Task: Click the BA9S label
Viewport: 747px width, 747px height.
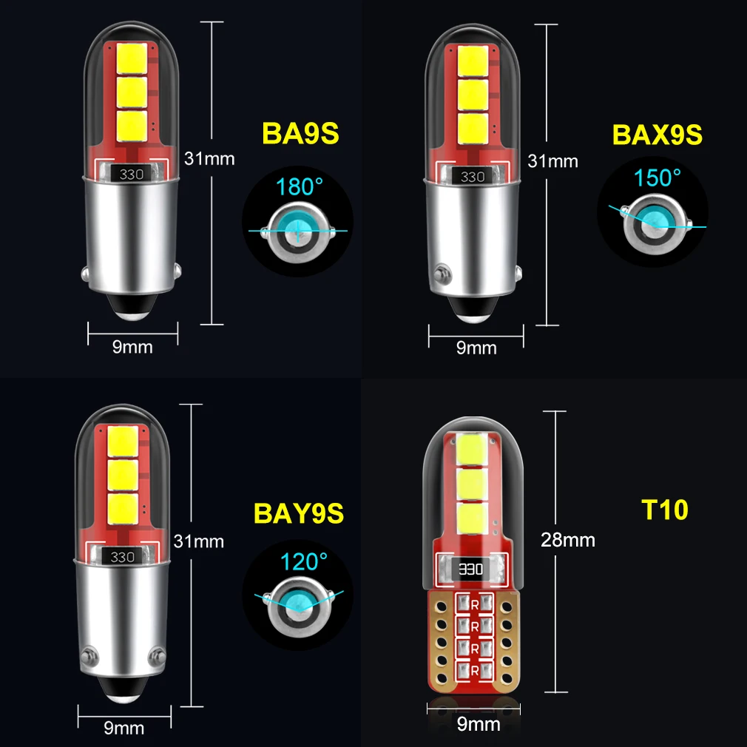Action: (300, 133)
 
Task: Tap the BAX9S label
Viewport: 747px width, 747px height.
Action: (657, 135)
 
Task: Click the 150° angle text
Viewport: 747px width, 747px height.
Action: (657, 178)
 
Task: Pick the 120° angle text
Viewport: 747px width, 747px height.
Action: (303, 561)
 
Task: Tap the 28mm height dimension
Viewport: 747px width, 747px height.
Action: (568, 539)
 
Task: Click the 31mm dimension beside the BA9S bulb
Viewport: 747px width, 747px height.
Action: (209, 158)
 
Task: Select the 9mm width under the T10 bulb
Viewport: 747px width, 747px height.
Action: (479, 723)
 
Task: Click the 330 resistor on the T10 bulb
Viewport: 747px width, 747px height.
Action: (471, 569)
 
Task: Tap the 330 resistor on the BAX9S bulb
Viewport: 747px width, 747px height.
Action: (473, 177)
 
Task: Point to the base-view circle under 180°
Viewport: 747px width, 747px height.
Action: (297, 231)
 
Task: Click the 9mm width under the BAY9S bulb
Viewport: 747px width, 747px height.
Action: (124, 728)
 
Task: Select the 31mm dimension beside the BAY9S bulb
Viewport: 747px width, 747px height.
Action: (198, 540)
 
